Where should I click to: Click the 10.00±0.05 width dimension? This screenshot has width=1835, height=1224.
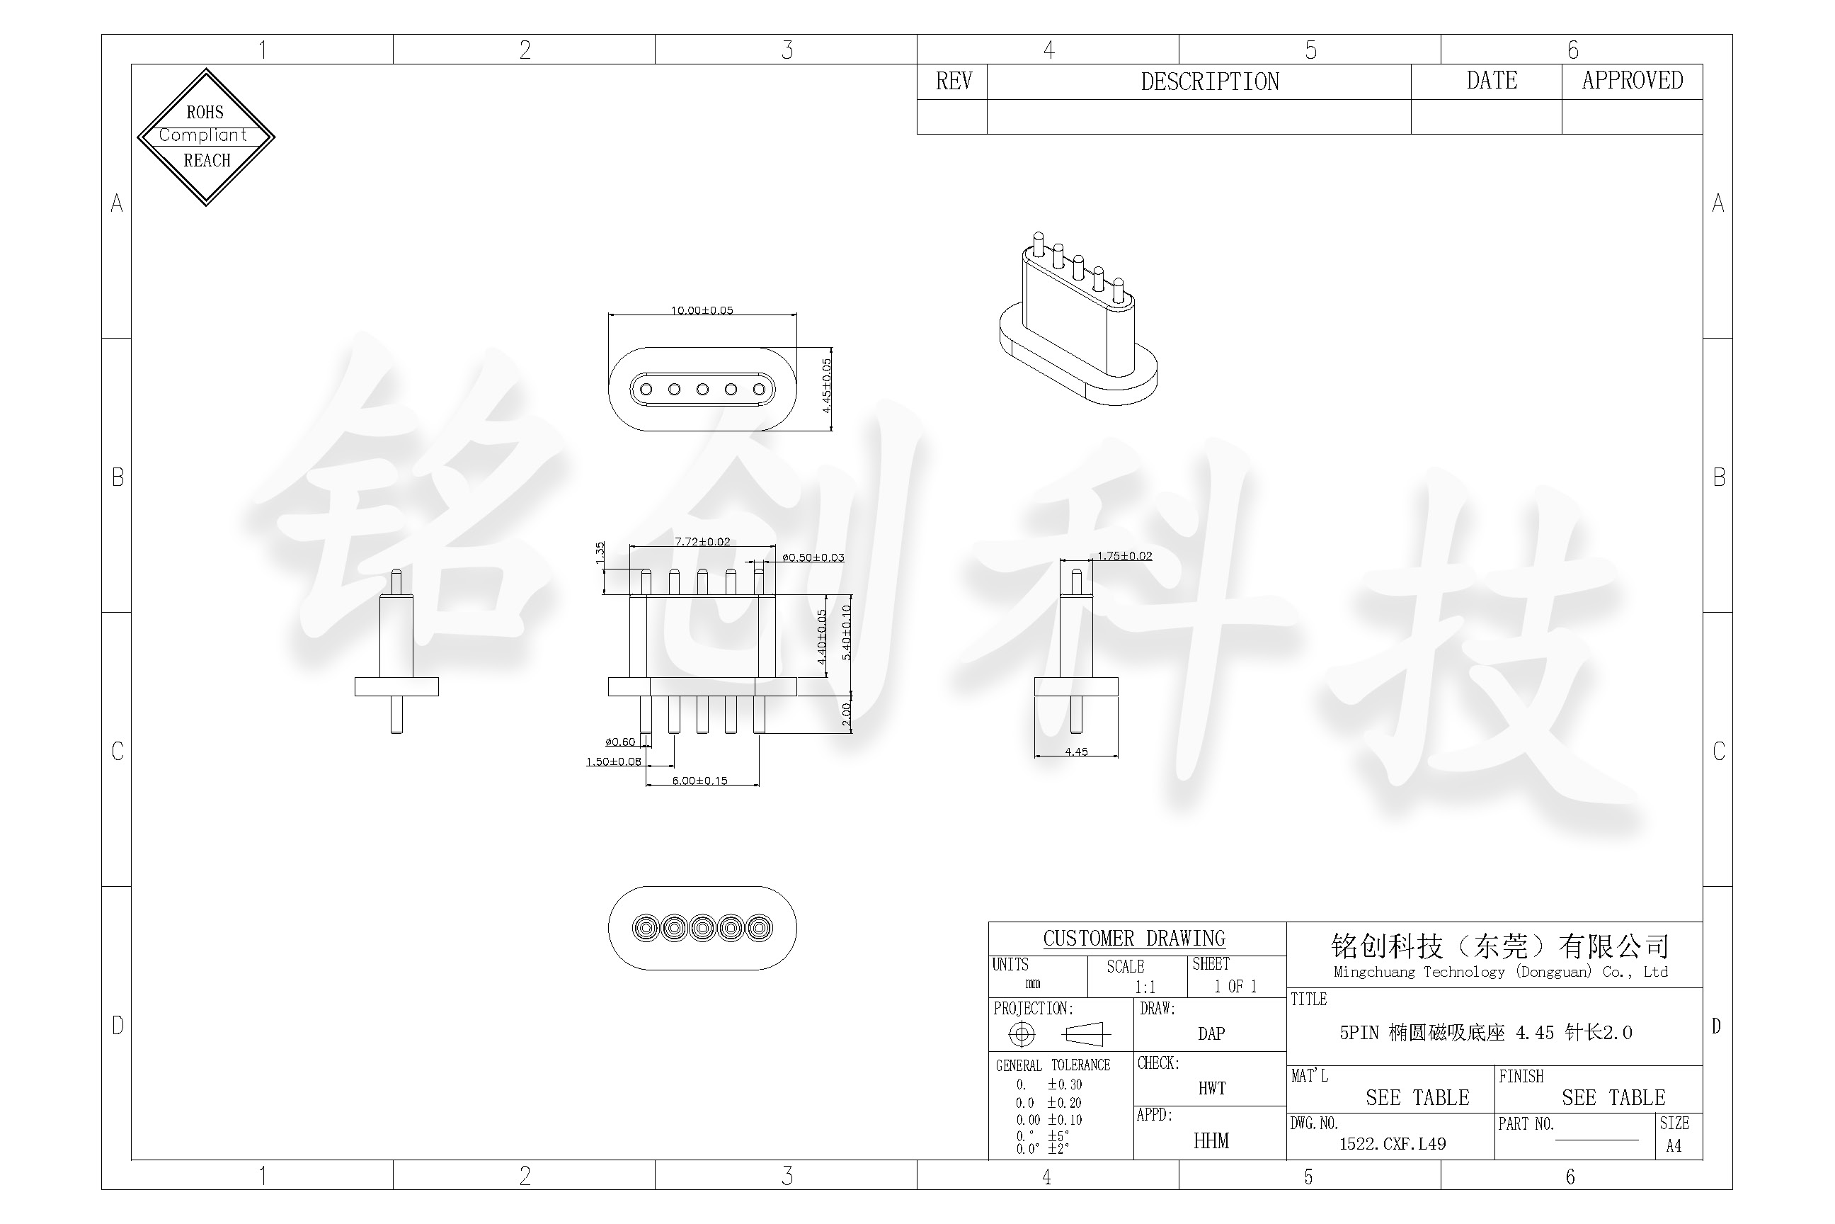(702, 310)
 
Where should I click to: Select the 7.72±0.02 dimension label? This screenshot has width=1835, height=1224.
(702, 542)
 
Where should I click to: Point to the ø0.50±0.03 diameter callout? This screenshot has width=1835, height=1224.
(813, 557)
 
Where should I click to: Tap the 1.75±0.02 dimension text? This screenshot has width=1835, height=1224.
(1124, 556)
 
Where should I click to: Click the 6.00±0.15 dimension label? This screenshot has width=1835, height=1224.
(700, 781)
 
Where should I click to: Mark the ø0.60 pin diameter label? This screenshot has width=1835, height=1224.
(620, 742)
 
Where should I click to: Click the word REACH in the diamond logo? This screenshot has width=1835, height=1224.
(207, 161)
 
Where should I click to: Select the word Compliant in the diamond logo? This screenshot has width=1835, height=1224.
(203, 135)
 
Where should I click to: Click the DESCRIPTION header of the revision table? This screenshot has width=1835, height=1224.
(1209, 81)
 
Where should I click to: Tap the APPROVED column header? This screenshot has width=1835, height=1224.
(1632, 81)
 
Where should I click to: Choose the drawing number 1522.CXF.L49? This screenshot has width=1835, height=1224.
(1393, 1143)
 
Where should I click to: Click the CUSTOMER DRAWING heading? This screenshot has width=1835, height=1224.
(1133, 939)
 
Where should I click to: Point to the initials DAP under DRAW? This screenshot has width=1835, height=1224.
(1211, 1033)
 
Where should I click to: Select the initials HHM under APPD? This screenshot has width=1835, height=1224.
(1211, 1141)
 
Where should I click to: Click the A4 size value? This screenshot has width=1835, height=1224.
(1674, 1146)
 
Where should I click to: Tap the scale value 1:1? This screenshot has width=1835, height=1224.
(1145, 987)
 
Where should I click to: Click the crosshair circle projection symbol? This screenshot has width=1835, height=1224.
(1022, 1034)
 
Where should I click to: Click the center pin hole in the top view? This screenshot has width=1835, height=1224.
(702, 389)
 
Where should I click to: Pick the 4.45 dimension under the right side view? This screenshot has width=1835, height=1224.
(1076, 752)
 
